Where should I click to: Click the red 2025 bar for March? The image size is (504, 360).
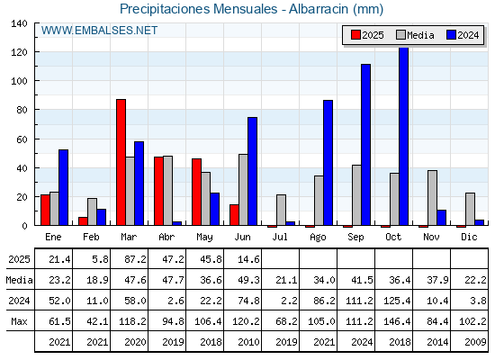(x=121, y=162)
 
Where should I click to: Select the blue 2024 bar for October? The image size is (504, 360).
(x=404, y=137)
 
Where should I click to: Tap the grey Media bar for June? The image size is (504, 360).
(x=243, y=190)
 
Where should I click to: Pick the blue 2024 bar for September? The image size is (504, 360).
(x=365, y=145)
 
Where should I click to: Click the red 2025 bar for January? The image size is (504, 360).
(x=45, y=210)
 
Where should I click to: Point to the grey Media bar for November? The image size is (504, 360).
(x=432, y=198)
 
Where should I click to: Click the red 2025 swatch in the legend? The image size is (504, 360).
(x=355, y=35)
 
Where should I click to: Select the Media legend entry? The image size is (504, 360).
(x=415, y=35)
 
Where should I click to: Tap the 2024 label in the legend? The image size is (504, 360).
(x=468, y=35)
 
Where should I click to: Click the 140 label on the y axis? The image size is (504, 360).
(x=19, y=23)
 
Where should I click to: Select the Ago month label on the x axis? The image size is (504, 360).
(x=318, y=238)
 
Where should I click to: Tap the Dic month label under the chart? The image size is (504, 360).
(x=469, y=237)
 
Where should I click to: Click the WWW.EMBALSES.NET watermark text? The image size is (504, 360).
(x=99, y=31)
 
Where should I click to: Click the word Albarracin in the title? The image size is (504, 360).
(x=319, y=9)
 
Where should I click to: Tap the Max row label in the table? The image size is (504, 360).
(x=19, y=321)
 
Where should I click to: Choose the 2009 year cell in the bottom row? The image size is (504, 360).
(x=475, y=342)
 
